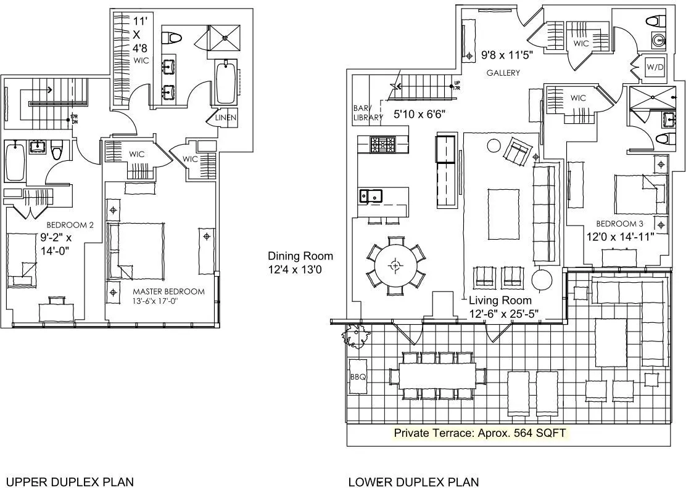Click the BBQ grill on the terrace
coord(358,376)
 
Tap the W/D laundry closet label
coord(654,67)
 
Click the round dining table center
coord(395,266)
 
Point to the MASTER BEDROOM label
coord(168,291)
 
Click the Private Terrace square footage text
coord(479,433)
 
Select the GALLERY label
coord(503,73)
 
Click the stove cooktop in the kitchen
coord(385,145)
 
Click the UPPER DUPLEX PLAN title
coord(69,481)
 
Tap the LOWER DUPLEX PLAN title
coord(413,481)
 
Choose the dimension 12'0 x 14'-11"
coord(619,236)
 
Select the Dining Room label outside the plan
coord(300,256)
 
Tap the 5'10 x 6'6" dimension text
coord(419,113)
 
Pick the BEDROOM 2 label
coord(70,226)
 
